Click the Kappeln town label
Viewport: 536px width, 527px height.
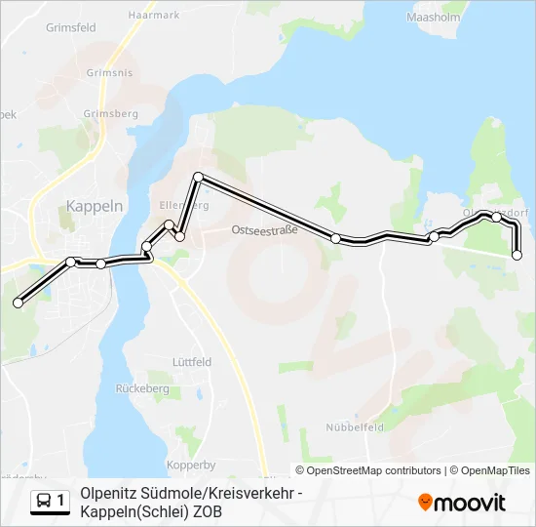(x=95, y=206)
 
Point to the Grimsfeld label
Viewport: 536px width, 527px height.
(x=70, y=28)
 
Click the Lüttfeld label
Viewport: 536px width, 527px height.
(x=191, y=361)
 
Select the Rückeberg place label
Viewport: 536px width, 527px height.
(x=142, y=388)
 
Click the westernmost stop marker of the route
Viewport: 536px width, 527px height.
(x=18, y=304)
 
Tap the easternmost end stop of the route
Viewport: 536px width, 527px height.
(x=517, y=256)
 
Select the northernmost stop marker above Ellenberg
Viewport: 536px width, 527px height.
(x=198, y=177)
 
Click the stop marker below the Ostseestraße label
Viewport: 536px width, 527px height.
(x=336, y=238)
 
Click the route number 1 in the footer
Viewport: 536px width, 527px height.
(x=62, y=501)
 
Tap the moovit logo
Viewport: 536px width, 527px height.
(x=462, y=503)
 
